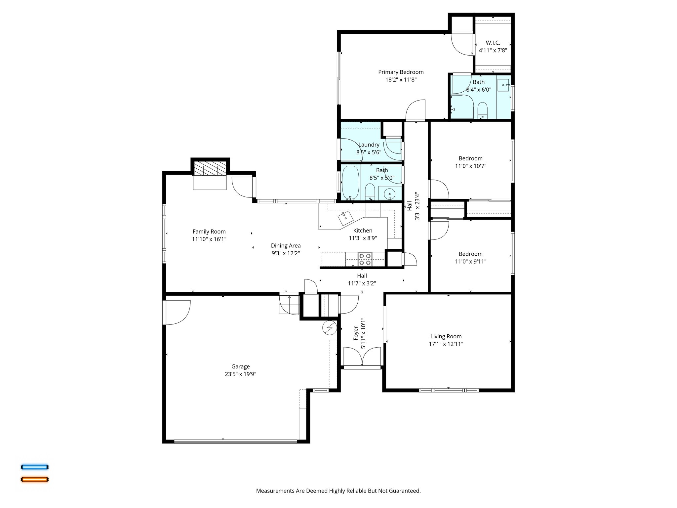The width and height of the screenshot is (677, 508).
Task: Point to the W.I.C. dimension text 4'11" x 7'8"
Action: (x=493, y=51)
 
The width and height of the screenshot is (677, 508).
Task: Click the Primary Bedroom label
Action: (x=401, y=72)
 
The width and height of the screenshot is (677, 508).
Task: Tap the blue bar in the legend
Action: (x=35, y=467)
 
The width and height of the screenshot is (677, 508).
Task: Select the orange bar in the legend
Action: (x=35, y=479)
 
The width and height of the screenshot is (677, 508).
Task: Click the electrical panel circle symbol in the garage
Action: (x=329, y=328)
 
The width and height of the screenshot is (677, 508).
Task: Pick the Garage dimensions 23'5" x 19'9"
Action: (x=240, y=374)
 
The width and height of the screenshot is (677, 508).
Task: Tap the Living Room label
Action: (x=446, y=336)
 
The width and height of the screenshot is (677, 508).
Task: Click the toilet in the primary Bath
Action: (x=483, y=110)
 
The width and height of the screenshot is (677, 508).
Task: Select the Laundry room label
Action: (x=369, y=145)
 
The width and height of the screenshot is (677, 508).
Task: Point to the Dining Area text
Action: (x=286, y=245)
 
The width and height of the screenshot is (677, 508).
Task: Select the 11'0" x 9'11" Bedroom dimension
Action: (x=470, y=261)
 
